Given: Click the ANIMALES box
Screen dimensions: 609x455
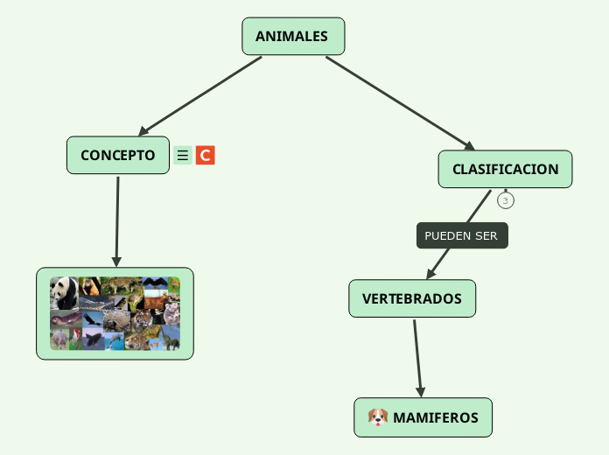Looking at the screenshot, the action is tap(293, 36).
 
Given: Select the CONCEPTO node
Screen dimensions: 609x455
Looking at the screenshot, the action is tap(118, 155).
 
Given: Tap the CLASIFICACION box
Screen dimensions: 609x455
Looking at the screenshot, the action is tap(505, 169).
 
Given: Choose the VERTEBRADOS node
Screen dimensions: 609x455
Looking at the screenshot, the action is tap(412, 298).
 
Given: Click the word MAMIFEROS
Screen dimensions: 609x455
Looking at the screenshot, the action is tap(436, 417).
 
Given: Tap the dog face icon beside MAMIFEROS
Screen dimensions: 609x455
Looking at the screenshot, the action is tap(378, 417).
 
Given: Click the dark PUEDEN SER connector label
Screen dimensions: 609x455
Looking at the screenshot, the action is tap(462, 235).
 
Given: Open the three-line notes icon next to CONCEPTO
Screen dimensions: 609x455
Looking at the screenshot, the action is tap(183, 156).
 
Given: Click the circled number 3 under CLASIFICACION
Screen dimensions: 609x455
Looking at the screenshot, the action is tap(505, 200).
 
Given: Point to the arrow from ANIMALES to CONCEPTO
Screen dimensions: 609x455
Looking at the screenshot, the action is tap(200, 96).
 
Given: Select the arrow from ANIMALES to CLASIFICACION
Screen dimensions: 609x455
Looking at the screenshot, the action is tap(400, 103).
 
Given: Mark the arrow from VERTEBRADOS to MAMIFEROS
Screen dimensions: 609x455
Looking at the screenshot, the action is tap(417, 358).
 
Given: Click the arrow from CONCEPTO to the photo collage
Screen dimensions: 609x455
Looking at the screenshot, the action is tap(117, 222).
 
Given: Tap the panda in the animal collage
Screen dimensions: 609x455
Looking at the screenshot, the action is tap(64, 292).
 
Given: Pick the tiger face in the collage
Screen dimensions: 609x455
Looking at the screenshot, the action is tap(142, 319).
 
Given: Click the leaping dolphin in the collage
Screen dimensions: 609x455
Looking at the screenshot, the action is tap(114, 341).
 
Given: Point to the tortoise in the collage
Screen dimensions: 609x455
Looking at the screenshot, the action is tap(117, 321).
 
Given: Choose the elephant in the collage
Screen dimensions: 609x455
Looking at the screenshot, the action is tap(171, 340).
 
